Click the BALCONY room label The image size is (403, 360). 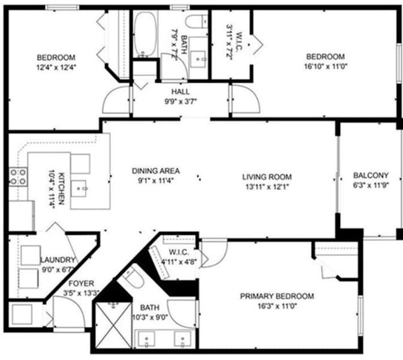click(x=371, y=176)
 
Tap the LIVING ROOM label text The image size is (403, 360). click(x=267, y=177)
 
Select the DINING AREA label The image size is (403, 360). click(x=156, y=171)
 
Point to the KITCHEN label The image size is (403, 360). click(x=61, y=189)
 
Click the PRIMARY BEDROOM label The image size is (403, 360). click(x=277, y=296)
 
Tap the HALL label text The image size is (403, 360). click(x=181, y=92)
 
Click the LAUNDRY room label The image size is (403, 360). click(x=58, y=260)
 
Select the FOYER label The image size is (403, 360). click(x=81, y=283)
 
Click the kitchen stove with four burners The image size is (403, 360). click(x=18, y=177)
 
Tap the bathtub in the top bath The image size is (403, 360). click(x=145, y=34)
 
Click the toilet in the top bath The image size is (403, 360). click(x=196, y=22)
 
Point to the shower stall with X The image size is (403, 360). click(x=113, y=326)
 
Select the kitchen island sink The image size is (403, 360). click(x=79, y=189)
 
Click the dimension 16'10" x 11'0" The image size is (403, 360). click(x=326, y=66)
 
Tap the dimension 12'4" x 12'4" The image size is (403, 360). click(x=56, y=67)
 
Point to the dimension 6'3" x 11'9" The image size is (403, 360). click(x=371, y=185)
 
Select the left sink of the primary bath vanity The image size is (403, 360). click(x=146, y=339)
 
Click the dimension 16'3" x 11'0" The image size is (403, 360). click(x=277, y=306)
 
